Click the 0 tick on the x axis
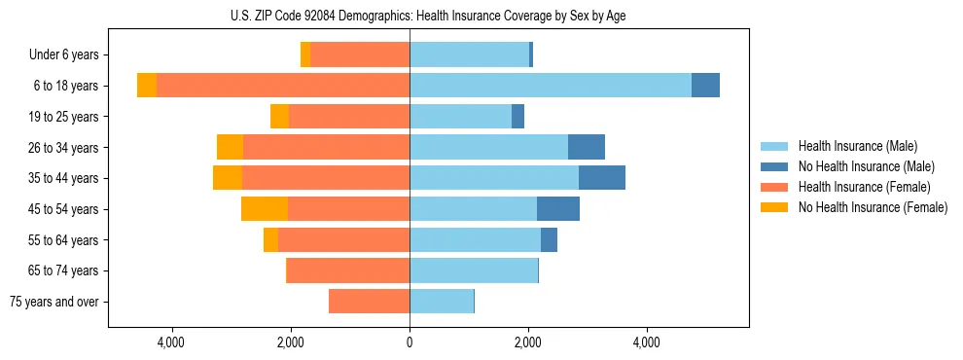pyautogui.click(x=410, y=342)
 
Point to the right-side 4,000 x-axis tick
pyautogui.click(x=647, y=342)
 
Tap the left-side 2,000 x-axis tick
pyautogui.click(x=291, y=342)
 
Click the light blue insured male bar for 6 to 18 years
pyautogui.click(x=550, y=86)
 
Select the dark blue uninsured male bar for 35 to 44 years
pyautogui.click(x=602, y=178)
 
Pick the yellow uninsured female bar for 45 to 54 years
pyautogui.click(x=265, y=208)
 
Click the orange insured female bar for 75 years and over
pyautogui.click(x=369, y=302)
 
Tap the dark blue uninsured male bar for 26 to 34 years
pyautogui.click(x=587, y=147)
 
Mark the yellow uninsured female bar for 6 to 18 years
pyautogui.click(x=147, y=86)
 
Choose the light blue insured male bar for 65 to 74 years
pyautogui.click(x=474, y=270)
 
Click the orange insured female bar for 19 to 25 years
pyautogui.click(x=349, y=117)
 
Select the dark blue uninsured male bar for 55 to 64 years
pyautogui.click(x=549, y=239)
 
